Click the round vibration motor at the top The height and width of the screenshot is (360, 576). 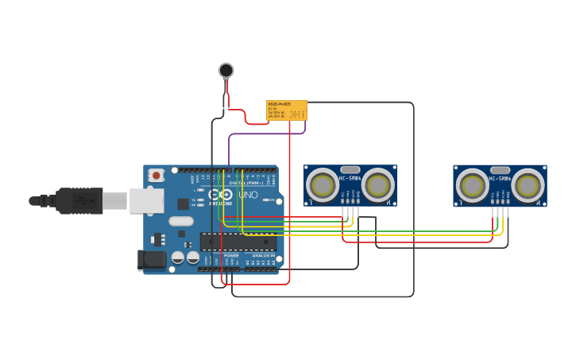(x=226, y=71)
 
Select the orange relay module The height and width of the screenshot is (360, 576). (x=286, y=110)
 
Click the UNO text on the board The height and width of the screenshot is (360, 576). (x=248, y=195)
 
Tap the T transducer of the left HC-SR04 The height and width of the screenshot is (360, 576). (x=323, y=185)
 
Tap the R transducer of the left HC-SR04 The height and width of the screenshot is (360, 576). (x=378, y=185)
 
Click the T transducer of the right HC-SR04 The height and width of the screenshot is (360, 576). (x=473, y=185)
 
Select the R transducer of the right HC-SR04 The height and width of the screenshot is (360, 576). (x=528, y=185)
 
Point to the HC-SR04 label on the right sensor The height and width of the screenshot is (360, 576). (x=500, y=200)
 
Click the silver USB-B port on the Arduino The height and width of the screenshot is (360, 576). (x=146, y=200)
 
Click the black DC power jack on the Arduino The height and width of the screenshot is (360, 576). (x=152, y=259)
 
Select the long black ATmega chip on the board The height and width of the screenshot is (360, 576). (x=238, y=242)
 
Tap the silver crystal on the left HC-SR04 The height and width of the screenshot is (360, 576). (x=350, y=170)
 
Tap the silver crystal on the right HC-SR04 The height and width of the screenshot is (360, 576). (x=500, y=170)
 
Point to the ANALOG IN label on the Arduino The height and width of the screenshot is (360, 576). (x=262, y=255)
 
